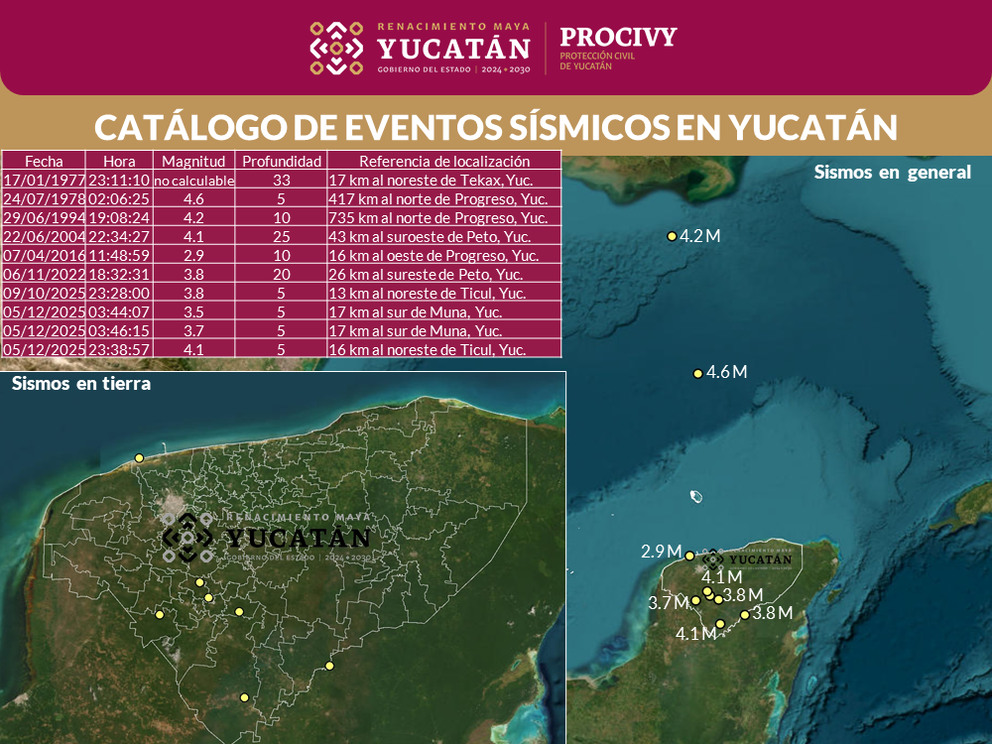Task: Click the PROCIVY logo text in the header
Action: pos(618,38)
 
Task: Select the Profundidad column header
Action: pos(282,161)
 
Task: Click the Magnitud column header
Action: pos(193,161)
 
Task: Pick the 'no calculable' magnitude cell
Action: pos(193,181)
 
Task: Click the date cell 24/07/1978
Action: pos(44,198)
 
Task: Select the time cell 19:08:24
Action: pos(118,217)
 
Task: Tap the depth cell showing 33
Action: pos(282,181)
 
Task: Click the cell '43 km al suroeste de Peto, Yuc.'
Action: pos(430,236)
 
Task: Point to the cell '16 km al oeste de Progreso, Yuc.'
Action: pos(433,255)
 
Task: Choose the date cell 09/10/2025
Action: pos(44,294)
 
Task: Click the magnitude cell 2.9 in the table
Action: pos(193,255)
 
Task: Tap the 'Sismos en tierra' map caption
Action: pos(81,384)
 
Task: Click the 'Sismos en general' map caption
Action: pos(892,172)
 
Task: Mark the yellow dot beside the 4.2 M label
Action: pos(672,236)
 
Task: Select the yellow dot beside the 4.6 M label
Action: pos(697,373)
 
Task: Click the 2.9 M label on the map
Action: pos(661,552)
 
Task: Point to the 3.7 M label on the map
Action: pos(668,603)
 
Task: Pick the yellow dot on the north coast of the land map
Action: pos(140,457)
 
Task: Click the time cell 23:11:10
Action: pos(118,181)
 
